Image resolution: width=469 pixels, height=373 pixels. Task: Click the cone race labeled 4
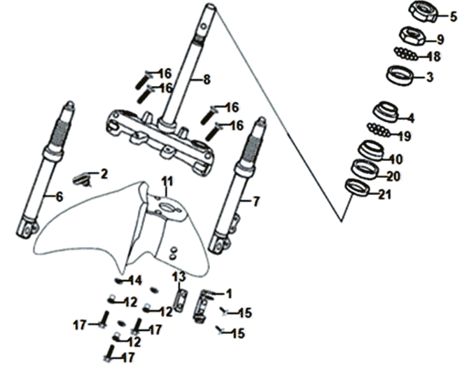385,111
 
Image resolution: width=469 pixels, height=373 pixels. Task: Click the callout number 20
393,176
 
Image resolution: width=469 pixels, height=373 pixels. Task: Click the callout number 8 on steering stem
206,80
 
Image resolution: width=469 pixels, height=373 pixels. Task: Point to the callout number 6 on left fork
59,197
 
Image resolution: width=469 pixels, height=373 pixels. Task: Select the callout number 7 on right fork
255,202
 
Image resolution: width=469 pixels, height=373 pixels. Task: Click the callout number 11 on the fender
167,182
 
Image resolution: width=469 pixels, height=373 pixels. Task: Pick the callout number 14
136,280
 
